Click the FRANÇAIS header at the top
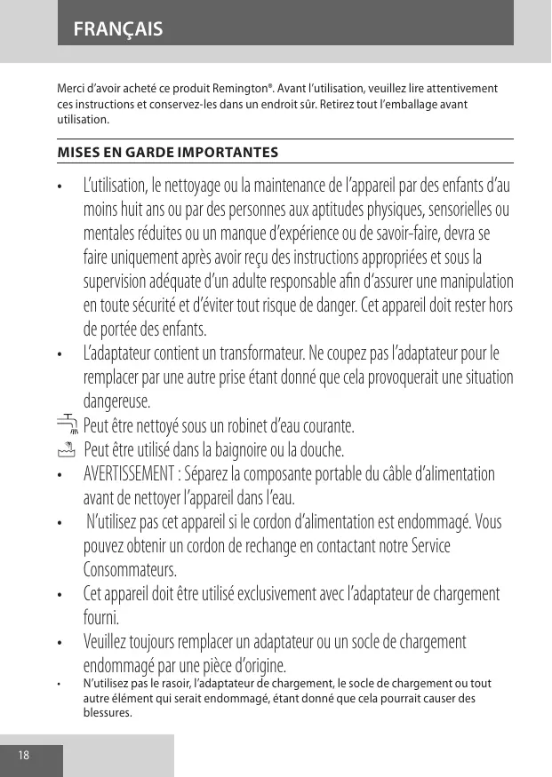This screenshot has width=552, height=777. (x=117, y=29)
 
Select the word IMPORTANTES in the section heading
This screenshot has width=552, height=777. (x=229, y=152)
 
